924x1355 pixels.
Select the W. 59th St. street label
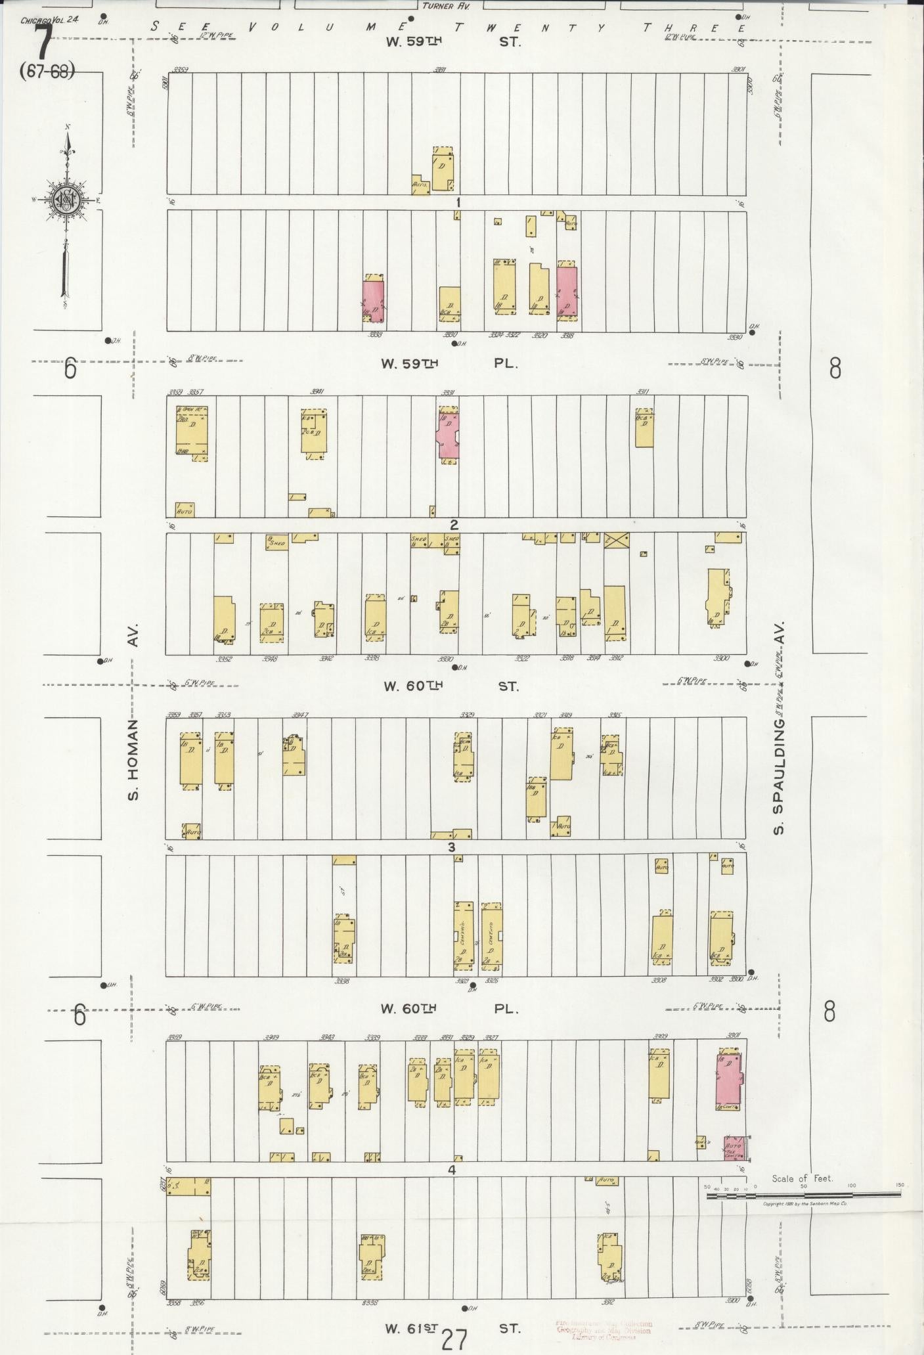[452, 41]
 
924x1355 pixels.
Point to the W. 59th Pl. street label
[451, 363]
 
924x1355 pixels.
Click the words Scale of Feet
[803, 1178]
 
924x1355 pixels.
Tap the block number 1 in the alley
[458, 202]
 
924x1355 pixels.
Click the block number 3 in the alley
[451, 847]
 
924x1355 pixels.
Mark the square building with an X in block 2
[616, 540]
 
